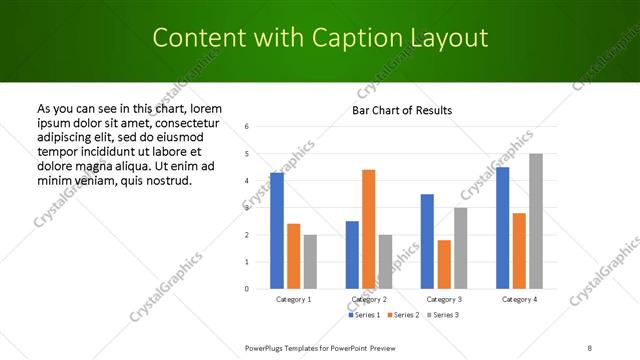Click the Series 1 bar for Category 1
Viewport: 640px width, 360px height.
[277, 231]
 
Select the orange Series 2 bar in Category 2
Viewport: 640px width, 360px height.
[369, 229]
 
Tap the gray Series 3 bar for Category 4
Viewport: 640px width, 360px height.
[536, 221]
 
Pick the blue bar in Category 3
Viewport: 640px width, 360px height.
[427, 241]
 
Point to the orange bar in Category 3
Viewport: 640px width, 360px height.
[444, 264]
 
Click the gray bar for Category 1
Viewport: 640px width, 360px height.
[311, 261]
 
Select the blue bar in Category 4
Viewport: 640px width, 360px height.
[502, 228]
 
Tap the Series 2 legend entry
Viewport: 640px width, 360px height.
[404, 315]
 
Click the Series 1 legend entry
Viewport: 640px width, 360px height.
[365, 315]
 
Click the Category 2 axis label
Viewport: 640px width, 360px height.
[369, 299]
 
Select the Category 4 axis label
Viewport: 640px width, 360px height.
[519, 299]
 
